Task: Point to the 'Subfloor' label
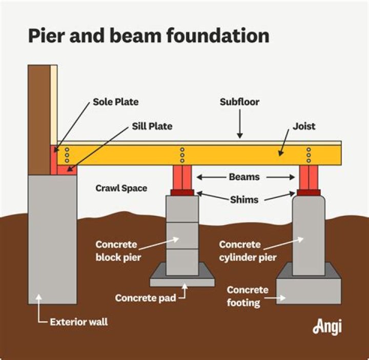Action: coord(239,102)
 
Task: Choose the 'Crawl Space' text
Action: coord(121,188)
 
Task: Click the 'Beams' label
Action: coord(244,177)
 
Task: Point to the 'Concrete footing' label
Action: coord(248,296)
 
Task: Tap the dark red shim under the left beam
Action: coord(182,193)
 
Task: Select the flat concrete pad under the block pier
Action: coord(182,282)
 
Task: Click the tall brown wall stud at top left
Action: coord(40,118)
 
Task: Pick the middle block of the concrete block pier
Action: coord(182,235)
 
